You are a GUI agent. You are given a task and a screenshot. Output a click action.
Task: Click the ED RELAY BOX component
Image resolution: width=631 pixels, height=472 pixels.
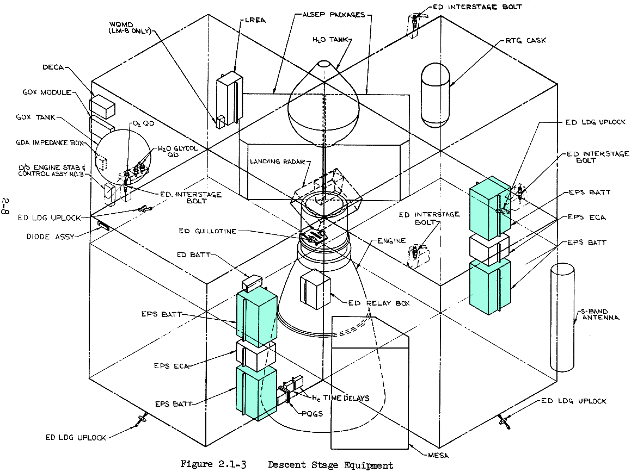[x=315, y=288]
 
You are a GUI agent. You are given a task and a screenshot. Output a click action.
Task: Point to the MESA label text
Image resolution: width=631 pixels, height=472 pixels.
[x=439, y=455]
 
